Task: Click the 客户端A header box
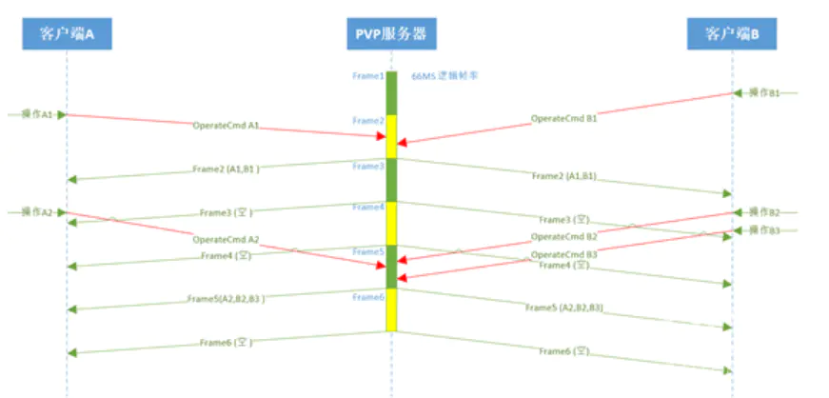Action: coord(67,35)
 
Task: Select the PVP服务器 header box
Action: coord(391,35)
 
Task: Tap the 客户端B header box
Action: coord(732,35)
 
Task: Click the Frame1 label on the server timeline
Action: coord(368,77)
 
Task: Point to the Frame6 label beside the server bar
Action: coord(368,297)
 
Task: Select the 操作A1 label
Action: coord(37,114)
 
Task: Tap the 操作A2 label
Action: coord(37,212)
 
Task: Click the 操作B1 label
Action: coord(764,92)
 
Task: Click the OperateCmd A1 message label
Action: coord(226,125)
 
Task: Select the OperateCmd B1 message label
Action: coord(563,119)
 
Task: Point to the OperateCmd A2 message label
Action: coord(226,240)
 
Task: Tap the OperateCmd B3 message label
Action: coord(563,254)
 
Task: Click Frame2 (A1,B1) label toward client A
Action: coord(226,169)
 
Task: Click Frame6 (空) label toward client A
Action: coord(226,343)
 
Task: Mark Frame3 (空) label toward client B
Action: coord(564,220)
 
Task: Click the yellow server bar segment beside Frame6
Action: coord(391,309)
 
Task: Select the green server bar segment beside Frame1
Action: coord(391,92)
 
